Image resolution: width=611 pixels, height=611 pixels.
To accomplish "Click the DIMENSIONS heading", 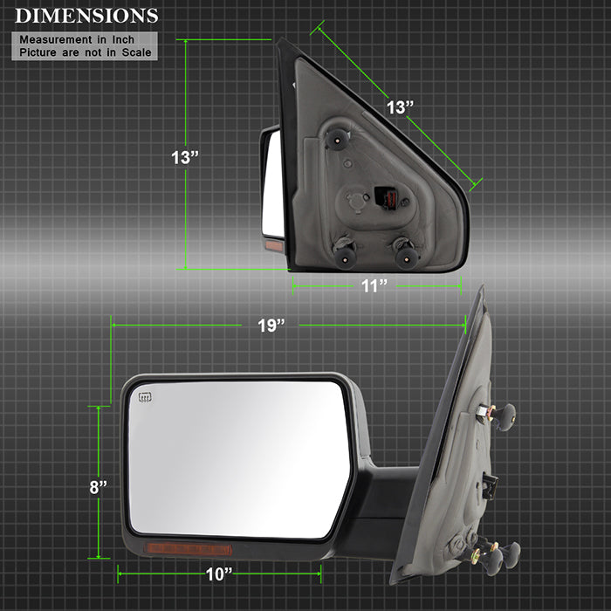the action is point(86,16).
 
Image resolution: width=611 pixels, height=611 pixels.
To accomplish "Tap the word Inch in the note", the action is point(123,40).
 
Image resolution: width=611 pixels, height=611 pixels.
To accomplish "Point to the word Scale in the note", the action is point(136,52).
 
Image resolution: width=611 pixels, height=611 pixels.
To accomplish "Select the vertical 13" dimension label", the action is point(185,157).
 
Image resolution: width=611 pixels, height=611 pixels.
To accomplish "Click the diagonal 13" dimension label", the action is point(400,107).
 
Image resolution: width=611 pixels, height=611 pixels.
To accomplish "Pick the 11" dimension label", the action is point(374,286).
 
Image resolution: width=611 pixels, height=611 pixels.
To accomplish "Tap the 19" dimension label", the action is point(271,326).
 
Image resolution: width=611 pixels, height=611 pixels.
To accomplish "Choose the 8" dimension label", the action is point(98,487).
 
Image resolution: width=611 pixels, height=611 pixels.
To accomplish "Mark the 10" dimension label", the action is point(219,574).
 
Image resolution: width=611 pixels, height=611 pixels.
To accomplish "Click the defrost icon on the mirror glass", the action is point(145,397).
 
